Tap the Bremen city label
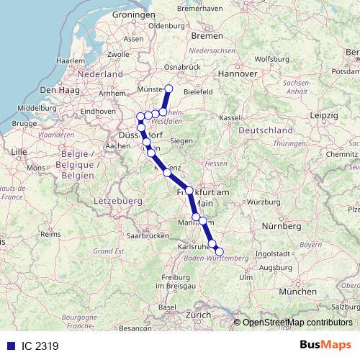(x=208, y=35)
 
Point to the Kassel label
(x=230, y=117)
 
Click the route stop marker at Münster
(x=169, y=89)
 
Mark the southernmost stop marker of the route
(x=220, y=251)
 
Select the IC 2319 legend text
(x=39, y=346)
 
